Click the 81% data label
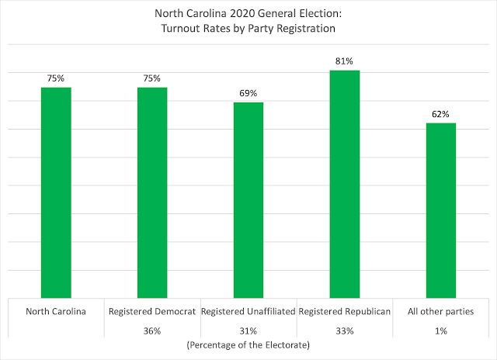click(345, 61)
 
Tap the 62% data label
click(440, 113)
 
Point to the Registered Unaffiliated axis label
click(248, 311)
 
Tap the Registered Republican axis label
click(345, 311)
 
